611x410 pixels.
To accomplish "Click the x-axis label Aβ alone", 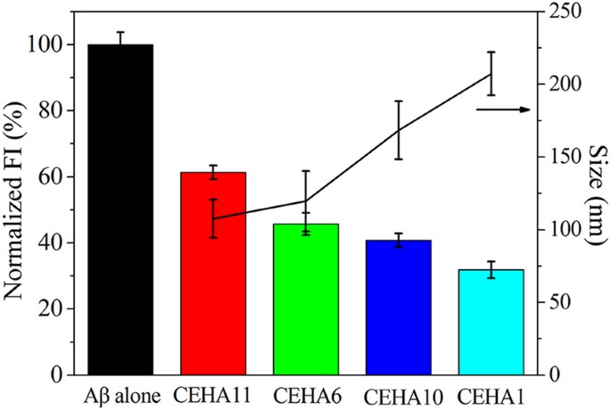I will point(121,393).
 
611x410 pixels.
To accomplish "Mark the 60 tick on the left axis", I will point(57,176).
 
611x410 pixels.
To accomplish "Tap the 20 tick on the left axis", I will point(57,308).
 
